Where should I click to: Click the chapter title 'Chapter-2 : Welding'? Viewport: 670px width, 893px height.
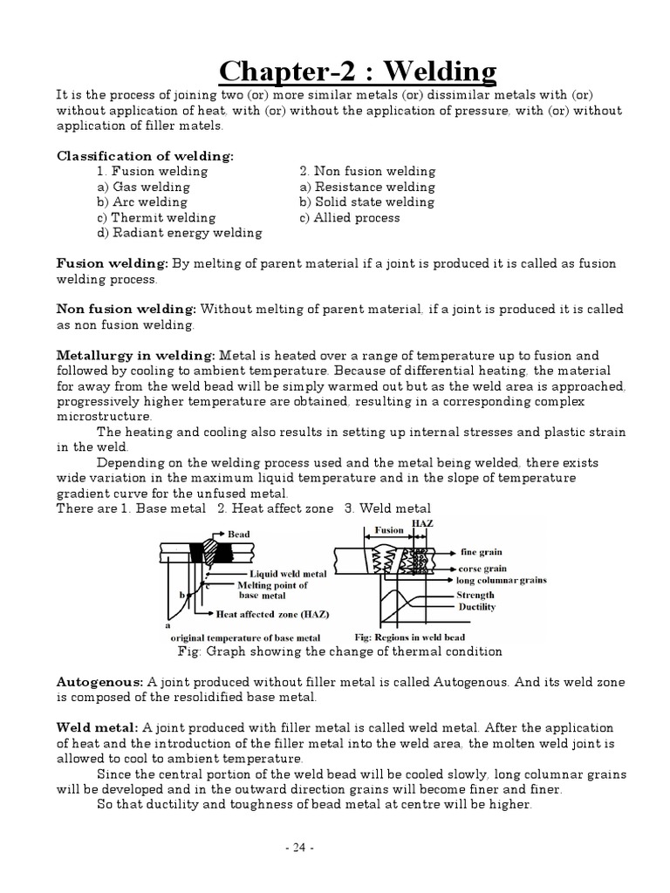(x=358, y=70)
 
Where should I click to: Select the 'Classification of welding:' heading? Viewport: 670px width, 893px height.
(x=146, y=156)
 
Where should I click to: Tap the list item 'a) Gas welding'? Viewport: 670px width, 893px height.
(x=143, y=187)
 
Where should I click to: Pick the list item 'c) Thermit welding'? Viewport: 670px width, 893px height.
(x=156, y=217)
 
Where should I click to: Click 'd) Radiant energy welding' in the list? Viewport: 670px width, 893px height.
(x=179, y=233)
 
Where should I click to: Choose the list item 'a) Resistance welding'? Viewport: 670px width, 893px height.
(x=366, y=187)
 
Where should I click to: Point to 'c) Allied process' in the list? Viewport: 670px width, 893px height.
(x=349, y=217)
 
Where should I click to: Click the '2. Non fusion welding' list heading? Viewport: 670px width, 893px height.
(x=366, y=172)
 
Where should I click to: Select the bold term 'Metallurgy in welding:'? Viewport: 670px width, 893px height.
(x=136, y=356)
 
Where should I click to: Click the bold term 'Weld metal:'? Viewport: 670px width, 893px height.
(x=98, y=727)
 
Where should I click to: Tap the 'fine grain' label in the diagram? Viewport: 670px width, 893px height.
(x=481, y=552)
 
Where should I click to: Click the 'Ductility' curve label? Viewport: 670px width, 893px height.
(x=476, y=607)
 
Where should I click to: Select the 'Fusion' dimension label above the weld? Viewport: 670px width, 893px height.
(x=389, y=529)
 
